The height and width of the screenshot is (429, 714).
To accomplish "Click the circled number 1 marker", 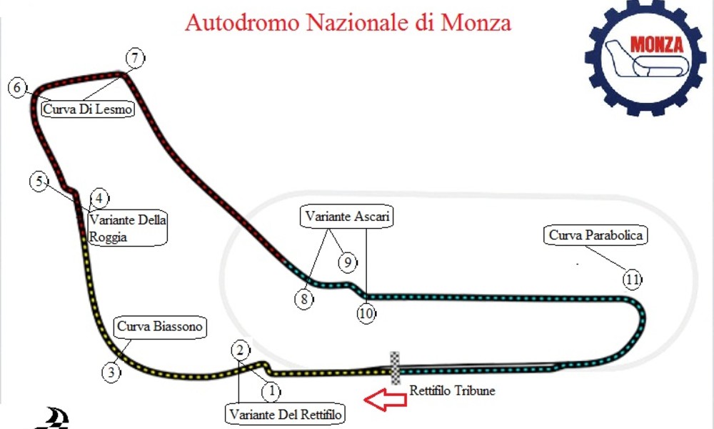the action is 271,391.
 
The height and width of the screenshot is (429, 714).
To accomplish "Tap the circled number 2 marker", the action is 241,350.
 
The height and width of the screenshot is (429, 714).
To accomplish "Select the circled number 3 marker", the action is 111,373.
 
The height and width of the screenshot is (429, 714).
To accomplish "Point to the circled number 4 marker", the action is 99,198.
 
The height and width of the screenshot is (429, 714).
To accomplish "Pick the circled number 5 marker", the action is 39,182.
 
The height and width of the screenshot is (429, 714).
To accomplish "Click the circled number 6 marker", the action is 18,87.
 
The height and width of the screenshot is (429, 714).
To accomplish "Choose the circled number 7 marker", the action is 135,59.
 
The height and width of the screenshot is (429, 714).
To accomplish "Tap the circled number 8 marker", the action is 303,300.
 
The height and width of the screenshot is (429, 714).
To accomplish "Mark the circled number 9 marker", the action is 348,262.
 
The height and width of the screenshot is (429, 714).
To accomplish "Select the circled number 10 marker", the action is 366,314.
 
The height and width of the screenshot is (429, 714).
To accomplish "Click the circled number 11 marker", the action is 632,279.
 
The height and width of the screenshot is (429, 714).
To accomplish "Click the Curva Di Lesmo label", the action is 88,109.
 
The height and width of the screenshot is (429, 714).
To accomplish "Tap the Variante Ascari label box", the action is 346,216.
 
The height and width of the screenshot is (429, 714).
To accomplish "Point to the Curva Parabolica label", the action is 595,235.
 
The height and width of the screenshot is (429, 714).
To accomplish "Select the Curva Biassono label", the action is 160,327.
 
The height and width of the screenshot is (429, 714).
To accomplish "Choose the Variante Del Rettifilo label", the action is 285,415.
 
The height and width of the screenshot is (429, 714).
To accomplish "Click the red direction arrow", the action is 386,400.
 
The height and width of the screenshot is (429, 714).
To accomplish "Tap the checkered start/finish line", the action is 396,368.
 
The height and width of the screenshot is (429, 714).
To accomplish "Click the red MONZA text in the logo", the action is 657,44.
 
